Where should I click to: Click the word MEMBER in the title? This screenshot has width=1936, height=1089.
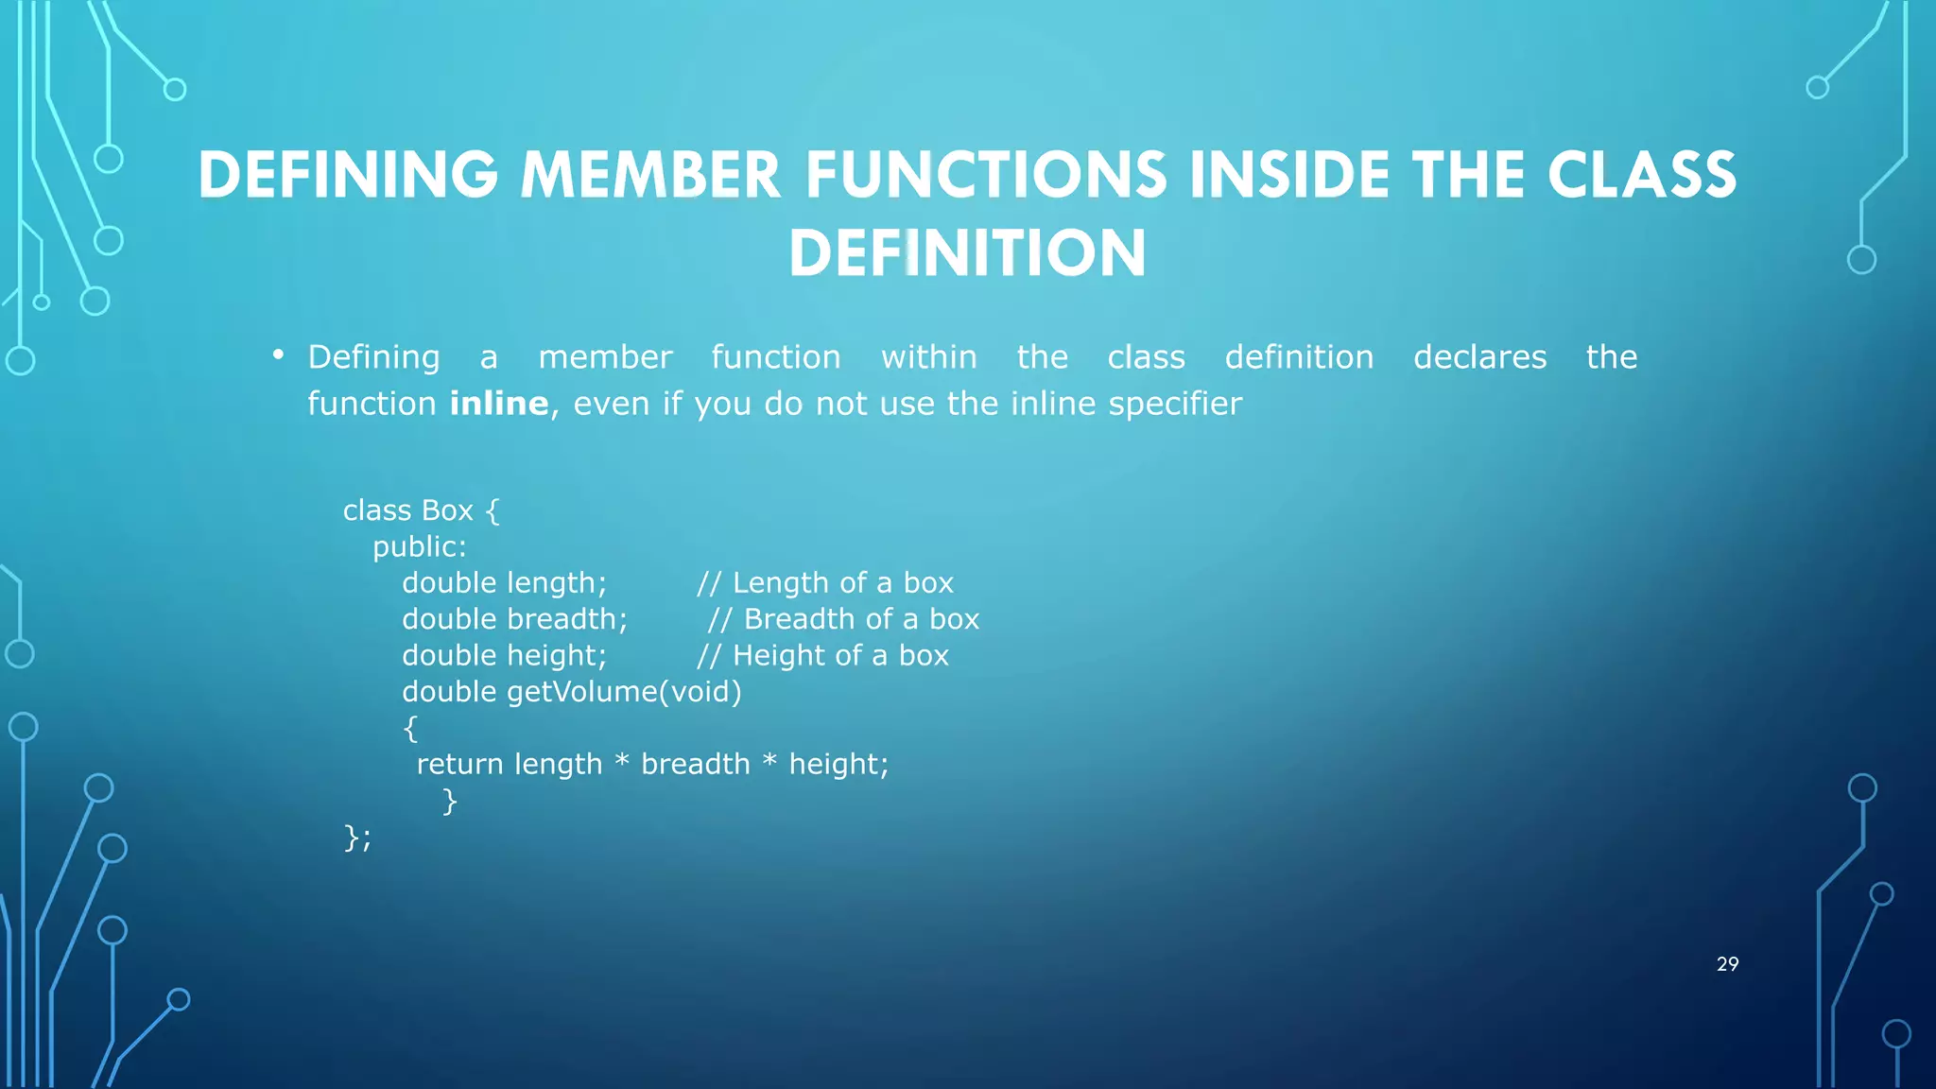(x=650, y=176)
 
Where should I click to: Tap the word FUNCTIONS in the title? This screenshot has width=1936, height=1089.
(x=986, y=176)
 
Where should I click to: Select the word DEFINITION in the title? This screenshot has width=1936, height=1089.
(x=967, y=253)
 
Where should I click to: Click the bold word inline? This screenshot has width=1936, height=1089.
(x=498, y=404)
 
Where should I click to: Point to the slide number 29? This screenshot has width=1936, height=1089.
(x=1727, y=964)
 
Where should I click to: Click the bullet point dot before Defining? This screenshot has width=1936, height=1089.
(x=278, y=354)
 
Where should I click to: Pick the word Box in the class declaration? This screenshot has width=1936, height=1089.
(x=447, y=510)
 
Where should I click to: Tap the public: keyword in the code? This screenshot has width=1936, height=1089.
(x=419, y=547)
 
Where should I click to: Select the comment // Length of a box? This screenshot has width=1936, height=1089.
(x=825, y=583)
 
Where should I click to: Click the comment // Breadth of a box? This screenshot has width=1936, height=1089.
(x=843, y=619)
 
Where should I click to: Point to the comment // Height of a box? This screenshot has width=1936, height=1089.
(x=822, y=656)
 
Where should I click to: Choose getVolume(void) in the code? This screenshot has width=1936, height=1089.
(x=624, y=692)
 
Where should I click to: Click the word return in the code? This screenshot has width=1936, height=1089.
(x=459, y=764)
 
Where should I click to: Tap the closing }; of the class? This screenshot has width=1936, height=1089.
(x=357, y=838)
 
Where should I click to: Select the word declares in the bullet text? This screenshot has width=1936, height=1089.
(x=1479, y=357)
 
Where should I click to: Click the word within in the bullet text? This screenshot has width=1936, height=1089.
(x=928, y=357)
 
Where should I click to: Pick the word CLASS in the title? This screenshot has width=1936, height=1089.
(x=1642, y=176)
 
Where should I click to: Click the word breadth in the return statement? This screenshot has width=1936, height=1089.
(x=695, y=764)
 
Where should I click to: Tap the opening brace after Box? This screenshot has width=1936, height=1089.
(x=492, y=511)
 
